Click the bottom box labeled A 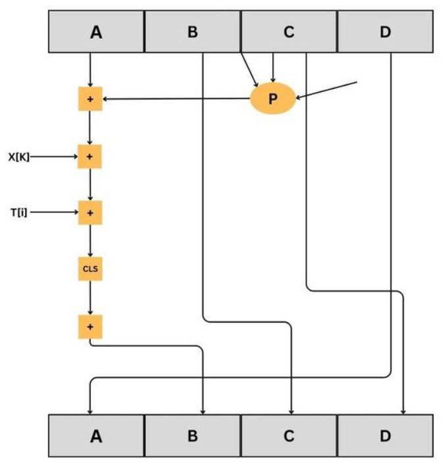click(97, 436)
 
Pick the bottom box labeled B click(193, 436)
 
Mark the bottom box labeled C click(289, 436)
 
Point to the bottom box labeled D click(385, 436)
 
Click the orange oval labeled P click(273, 99)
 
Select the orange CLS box click(90, 269)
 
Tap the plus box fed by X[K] click(90, 157)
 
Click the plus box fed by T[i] click(90, 213)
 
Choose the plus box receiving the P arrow click(90, 99)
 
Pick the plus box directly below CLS click(90, 325)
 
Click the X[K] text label click(20, 157)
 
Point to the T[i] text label click(18, 213)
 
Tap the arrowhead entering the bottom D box click(403, 410)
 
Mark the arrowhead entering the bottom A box click(89, 410)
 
